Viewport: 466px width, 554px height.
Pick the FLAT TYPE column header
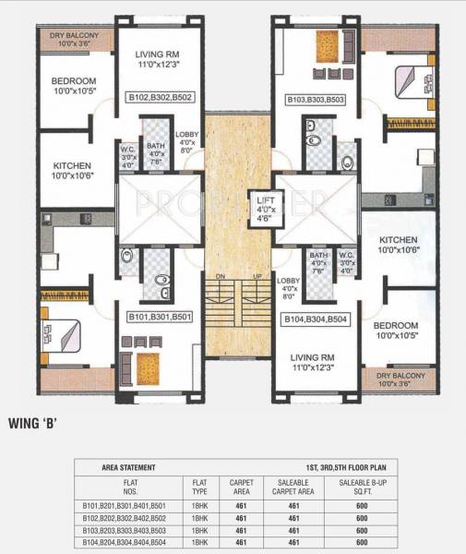pos(199,486)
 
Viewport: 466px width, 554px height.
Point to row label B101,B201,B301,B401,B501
pos(129,505)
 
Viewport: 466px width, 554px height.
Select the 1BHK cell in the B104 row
pos(199,542)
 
